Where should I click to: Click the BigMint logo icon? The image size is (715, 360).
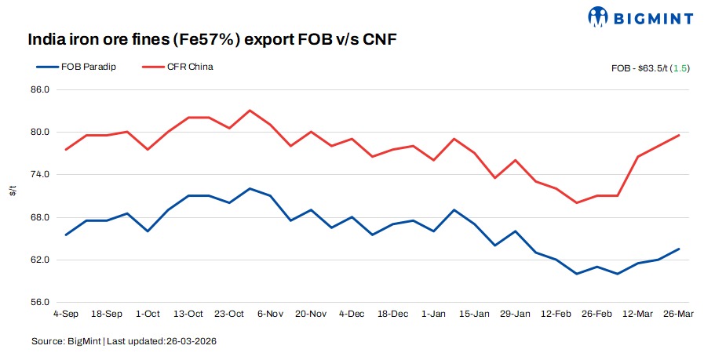pyautogui.click(x=600, y=16)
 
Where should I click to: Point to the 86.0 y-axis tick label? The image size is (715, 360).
pyautogui.click(x=41, y=90)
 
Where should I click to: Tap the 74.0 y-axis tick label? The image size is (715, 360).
pyautogui.click(x=41, y=175)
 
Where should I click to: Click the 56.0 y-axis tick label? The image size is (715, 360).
pyautogui.click(x=41, y=302)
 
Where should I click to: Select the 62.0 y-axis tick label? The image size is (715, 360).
pyautogui.click(x=41, y=260)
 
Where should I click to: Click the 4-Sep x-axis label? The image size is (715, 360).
pyautogui.click(x=66, y=314)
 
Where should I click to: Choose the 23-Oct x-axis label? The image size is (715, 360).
pyautogui.click(x=229, y=314)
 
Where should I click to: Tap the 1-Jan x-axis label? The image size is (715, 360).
pyautogui.click(x=433, y=314)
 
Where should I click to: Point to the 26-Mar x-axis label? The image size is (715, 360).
pyautogui.click(x=678, y=314)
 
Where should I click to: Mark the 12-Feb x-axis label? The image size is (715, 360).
pyautogui.click(x=556, y=314)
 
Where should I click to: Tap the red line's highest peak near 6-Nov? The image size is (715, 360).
pyautogui.click(x=250, y=111)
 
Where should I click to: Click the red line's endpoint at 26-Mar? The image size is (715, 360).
pyautogui.click(x=678, y=135)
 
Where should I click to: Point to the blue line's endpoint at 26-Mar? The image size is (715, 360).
pyautogui.click(x=678, y=249)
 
